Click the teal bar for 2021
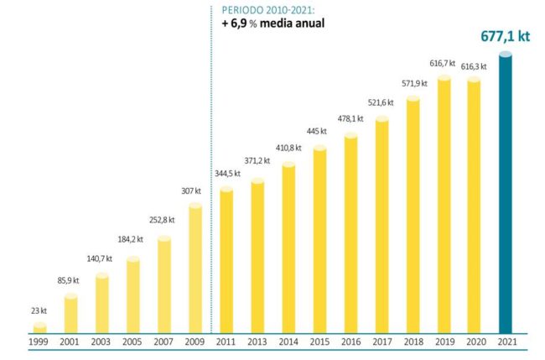506,193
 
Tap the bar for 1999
39,328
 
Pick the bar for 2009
195,269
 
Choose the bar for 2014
288,248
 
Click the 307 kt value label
191,191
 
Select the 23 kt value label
38,310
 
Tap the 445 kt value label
316,131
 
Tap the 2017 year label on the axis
381,343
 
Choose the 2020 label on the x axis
475,343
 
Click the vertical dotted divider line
211,168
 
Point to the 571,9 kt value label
413,83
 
